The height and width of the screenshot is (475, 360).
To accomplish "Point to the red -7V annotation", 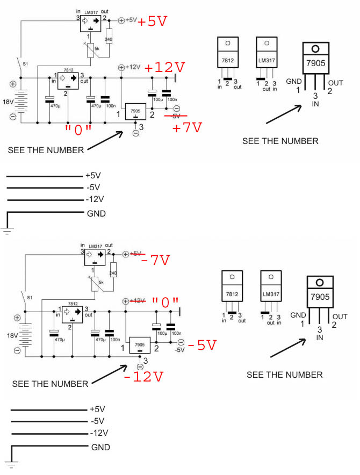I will point(155,261).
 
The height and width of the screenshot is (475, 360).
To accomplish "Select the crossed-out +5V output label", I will point(137,253).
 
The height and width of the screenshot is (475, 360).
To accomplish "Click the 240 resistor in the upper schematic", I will point(110,39).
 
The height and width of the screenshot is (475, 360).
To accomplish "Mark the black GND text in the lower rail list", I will point(101,447).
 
